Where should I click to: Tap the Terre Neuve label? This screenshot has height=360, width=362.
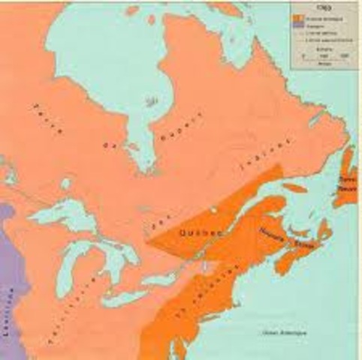tap(346, 184)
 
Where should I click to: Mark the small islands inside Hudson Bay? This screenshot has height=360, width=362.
tap(153, 98)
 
